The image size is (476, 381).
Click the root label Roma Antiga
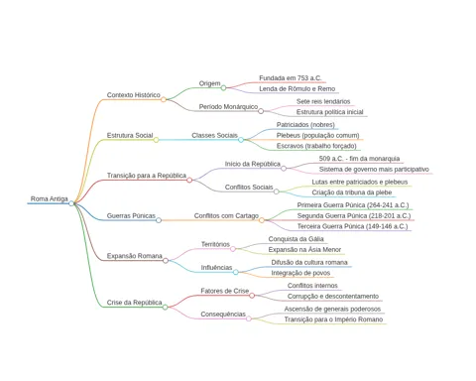(x=50, y=198)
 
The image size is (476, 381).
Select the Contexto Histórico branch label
(x=134, y=95)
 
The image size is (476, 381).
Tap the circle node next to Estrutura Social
(x=156, y=140)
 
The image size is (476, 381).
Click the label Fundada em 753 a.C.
(x=291, y=78)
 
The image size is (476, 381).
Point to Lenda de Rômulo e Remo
(x=297, y=88)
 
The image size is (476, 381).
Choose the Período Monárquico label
(x=228, y=107)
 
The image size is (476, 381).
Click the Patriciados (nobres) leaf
(x=305, y=125)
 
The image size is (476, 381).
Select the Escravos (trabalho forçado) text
(x=316, y=146)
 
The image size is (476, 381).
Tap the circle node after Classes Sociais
(x=241, y=140)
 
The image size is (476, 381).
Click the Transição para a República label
(x=147, y=176)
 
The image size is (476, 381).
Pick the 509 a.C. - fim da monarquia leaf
(x=359, y=159)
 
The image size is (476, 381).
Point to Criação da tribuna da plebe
(x=352, y=192)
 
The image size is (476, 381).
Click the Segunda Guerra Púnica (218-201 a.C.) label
(x=354, y=215)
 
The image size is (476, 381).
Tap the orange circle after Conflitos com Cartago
(x=262, y=220)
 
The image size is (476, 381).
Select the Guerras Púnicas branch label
(x=131, y=215)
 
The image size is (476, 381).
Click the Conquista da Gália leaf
(x=297, y=239)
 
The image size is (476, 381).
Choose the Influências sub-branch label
(x=216, y=267)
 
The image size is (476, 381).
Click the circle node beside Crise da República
(x=165, y=308)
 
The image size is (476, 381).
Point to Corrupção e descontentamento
(x=333, y=296)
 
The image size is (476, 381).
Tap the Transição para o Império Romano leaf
(x=333, y=319)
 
